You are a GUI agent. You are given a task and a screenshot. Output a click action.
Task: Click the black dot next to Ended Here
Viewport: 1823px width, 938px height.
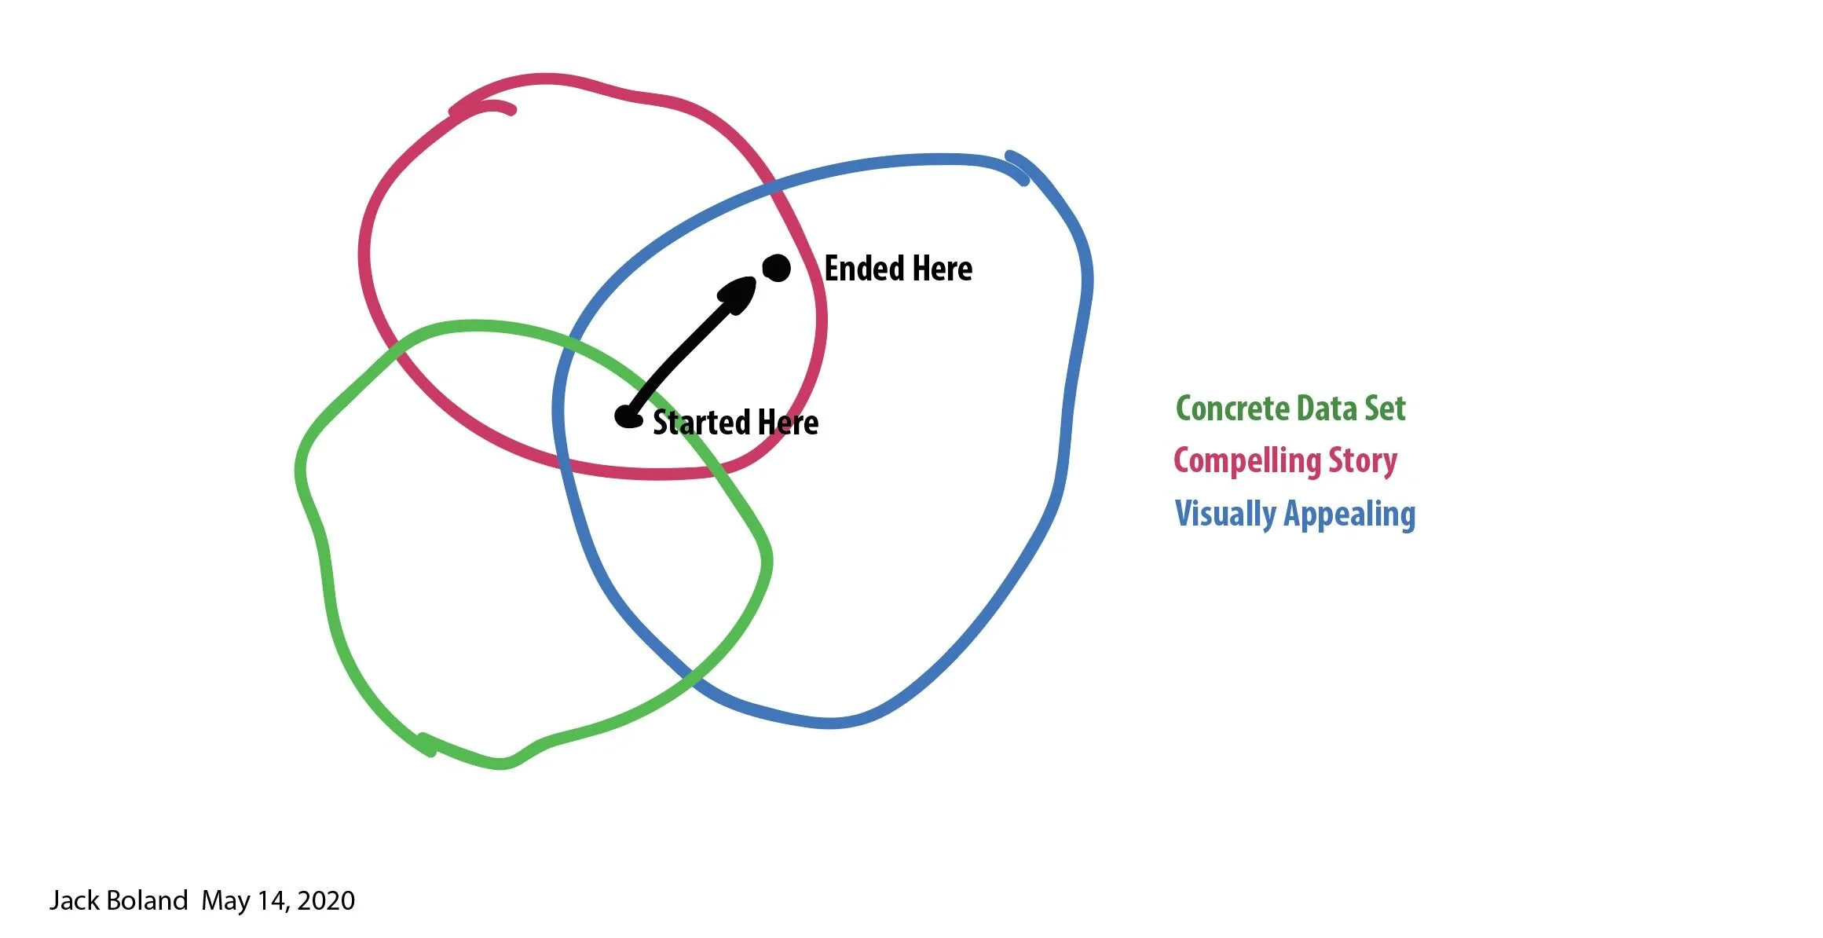pos(777,269)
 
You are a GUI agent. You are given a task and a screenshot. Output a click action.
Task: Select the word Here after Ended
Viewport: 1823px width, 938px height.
pos(943,269)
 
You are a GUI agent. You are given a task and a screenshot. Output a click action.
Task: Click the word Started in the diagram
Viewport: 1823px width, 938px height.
pos(702,423)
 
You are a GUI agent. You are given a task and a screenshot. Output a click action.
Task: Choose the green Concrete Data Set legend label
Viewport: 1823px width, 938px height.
pos(1290,409)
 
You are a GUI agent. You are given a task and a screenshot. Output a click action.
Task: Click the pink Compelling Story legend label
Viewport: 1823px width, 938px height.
pos(1285,461)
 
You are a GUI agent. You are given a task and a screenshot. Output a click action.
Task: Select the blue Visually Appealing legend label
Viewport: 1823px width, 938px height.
pos(1295,514)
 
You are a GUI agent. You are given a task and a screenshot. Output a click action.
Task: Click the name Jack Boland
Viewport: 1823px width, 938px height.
pos(119,900)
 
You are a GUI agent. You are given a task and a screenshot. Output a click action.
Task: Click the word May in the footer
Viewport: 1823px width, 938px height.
pos(225,901)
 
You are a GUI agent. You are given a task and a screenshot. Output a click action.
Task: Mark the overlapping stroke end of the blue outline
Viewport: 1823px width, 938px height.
pos(1016,167)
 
